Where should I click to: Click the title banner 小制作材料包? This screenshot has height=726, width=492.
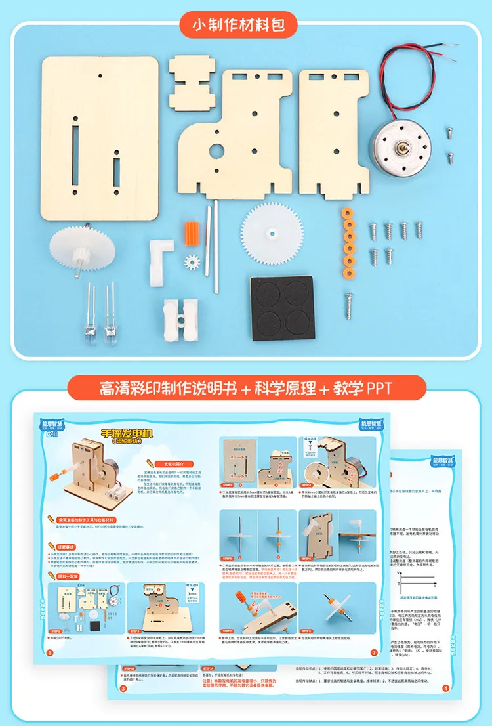click(245, 27)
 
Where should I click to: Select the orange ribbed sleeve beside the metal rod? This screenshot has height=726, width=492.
click(191, 232)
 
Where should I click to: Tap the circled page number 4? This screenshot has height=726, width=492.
click(445, 689)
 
